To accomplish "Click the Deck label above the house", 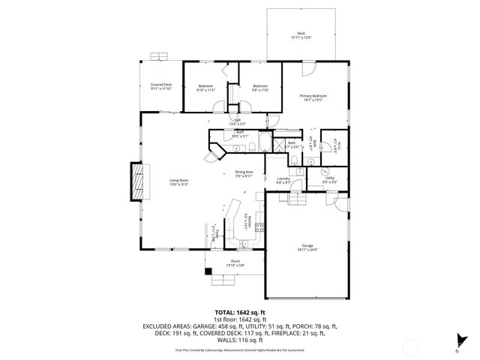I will pyautogui.click(x=300, y=33).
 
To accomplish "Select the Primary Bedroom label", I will pyautogui.click(x=313, y=95).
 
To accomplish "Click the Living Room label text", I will pyautogui.click(x=178, y=180).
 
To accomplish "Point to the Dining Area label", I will pyautogui.click(x=244, y=172).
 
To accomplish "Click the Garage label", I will pyautogui.click(x=307, y=245).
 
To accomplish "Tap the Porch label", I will pyautogui.click(x=235, y=261).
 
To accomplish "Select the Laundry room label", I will pyautogui.click(x=283, y=178).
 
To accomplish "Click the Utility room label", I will pyautogui.click(x=329, y=178).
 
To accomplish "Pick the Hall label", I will pyautogui.click(x=237, y=120).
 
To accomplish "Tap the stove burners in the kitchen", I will pyautogui.click(x=259, y=226).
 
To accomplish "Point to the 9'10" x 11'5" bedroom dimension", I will pyautogui.click(x=205, y=90).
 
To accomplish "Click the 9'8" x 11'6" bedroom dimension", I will pyautogui.click(x=259, y=90).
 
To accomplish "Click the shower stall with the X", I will pyautogui.click(x=277, y=145).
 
